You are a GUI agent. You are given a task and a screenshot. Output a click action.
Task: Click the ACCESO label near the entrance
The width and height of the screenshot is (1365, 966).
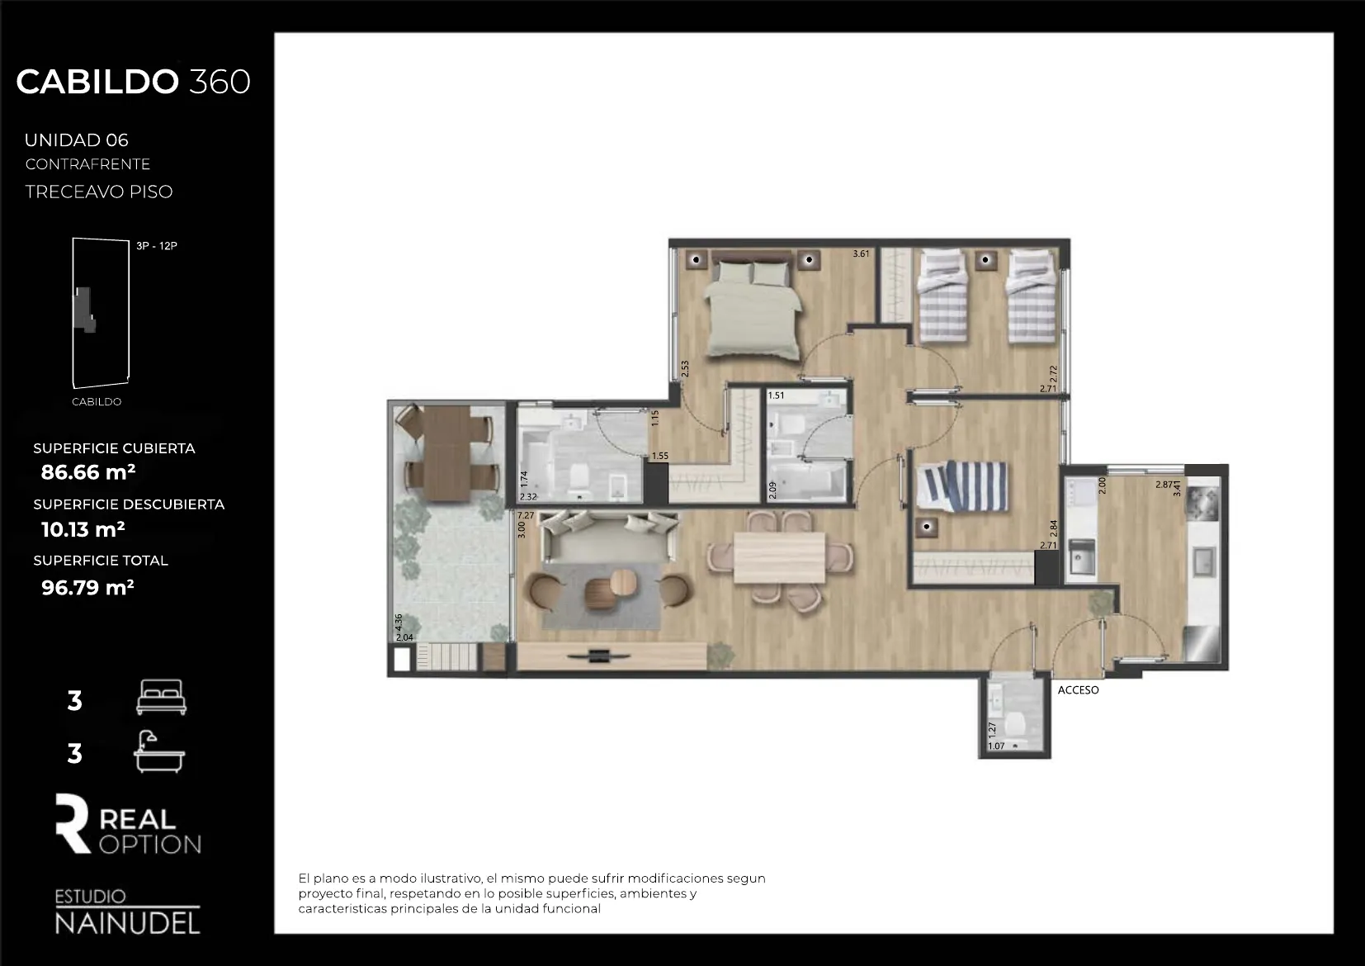click(1078, 690)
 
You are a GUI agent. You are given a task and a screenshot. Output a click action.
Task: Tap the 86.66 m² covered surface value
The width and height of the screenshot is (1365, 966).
click(88, 472)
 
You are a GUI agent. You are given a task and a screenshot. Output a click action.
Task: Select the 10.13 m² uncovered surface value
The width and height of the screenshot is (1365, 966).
click(83, 529)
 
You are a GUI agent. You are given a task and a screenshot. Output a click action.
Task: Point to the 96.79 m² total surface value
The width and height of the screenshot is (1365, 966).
click(87, 588)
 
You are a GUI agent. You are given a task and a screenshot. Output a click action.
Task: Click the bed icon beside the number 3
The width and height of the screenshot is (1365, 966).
click(161, 697)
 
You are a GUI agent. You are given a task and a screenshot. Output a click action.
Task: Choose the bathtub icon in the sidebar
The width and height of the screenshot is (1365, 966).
click(159, 751)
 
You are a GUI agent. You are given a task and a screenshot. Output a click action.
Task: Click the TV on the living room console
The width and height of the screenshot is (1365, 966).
click(597, 656)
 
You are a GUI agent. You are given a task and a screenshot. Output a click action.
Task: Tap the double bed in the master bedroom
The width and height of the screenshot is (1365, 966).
click(753, 310)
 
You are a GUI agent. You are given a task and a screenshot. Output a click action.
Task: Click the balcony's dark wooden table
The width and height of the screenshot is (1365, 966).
click(447, 452)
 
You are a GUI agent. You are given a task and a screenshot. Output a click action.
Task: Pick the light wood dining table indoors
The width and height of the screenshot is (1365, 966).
click(779, 557)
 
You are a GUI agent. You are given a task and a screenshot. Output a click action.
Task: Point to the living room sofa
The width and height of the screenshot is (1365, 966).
click(610, 537)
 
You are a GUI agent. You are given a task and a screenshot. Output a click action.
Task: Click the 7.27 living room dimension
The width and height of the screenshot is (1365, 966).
click(525, 515)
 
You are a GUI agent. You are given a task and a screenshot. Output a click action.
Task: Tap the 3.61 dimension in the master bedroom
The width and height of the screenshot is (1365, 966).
click(861, 254)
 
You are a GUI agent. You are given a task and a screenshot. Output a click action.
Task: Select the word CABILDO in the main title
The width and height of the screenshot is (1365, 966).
click(97, 82)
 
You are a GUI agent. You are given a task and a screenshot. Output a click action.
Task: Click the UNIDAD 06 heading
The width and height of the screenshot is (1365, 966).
click(77, 140)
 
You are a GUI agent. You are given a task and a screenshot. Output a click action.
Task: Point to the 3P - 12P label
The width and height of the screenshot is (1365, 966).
click(157, 246)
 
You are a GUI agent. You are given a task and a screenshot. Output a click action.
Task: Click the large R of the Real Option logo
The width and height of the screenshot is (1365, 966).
click(72, 823)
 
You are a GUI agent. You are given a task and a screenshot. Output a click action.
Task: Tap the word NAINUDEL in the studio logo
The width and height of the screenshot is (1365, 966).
click(127, 923)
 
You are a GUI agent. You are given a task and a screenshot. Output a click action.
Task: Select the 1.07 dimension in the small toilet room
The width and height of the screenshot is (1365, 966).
click(996, 746)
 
